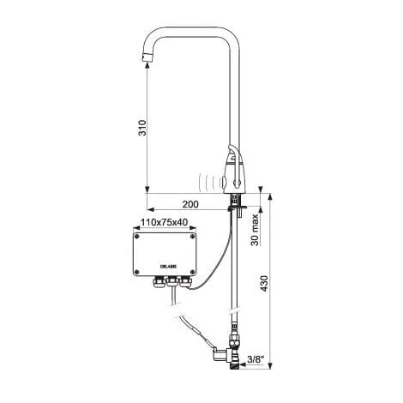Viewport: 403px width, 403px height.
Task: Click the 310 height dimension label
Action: (x=142, y=128)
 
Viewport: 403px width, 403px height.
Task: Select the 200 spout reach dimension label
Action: (x=190, y=204)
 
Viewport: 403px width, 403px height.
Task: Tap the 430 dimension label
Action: (x=265, y=284)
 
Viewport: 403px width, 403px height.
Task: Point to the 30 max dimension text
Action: (x=255, y=230)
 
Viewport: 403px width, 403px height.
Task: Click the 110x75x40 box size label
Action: (x=165, y=222)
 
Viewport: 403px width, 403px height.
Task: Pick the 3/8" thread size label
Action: (x=255, y=359)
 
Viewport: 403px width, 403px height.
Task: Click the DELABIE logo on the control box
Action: (x=168, y=267)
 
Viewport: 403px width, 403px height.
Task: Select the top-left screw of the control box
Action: (x=137, y=237)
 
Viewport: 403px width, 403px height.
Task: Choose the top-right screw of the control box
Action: (x=193, y=237)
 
